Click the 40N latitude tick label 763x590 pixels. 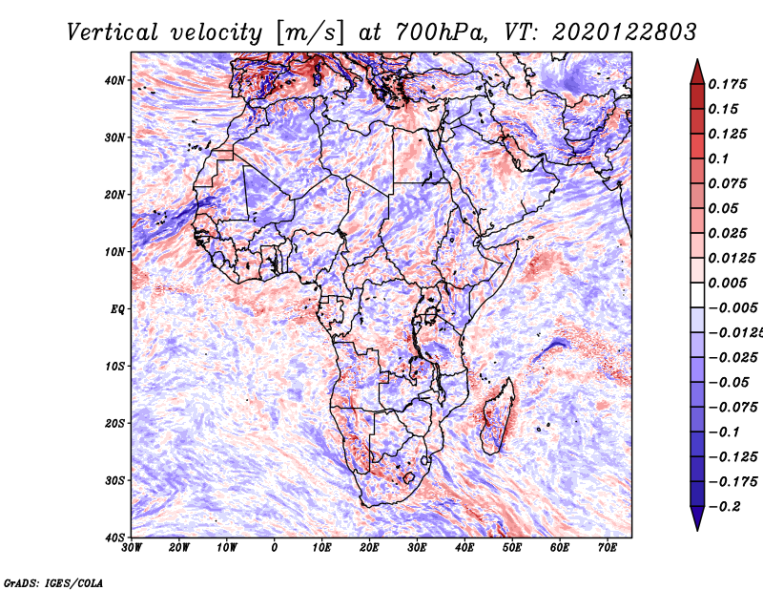coord(113,80)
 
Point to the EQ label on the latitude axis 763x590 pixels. coord(117,309)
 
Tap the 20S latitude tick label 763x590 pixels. coord(114,423)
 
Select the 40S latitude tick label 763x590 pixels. coord(114,537)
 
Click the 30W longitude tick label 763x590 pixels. coord(132,548)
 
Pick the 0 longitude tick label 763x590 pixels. coord(275,548)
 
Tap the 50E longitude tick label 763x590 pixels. coord(512,548)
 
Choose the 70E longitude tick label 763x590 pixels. coord(608,548)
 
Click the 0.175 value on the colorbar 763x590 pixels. coord(728,84)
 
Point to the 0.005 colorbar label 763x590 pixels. coord(728,283)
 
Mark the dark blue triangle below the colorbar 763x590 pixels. coord(697,517)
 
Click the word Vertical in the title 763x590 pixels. coord(113,32)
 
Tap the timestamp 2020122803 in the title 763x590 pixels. coord(624,32)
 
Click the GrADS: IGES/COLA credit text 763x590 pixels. coord(53,582)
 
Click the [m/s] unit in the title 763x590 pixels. coord(311,33)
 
